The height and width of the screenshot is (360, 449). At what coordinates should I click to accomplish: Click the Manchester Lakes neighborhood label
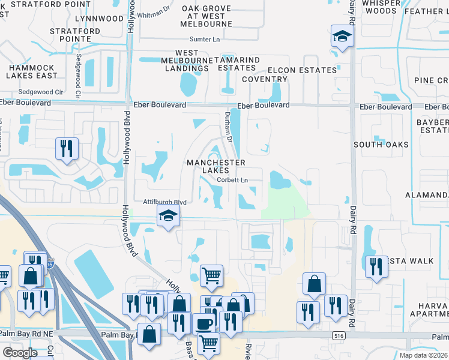(x=215, y=166)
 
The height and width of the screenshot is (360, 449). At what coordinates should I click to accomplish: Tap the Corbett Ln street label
(x=232, y=180)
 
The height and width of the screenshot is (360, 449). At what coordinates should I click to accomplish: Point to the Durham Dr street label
(x=228, y=126)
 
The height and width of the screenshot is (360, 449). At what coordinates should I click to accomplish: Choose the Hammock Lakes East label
(x=32, y=72)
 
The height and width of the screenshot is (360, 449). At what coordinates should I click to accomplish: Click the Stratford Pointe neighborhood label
(x=74, y=35)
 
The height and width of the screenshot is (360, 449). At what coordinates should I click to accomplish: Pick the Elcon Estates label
(x=302, y=70)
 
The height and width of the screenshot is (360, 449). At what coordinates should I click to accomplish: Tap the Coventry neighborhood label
(x=265, y=79)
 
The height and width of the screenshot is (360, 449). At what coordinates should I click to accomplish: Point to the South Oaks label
(x=381, y=145)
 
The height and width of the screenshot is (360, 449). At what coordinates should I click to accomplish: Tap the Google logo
(x=20, y=353)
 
